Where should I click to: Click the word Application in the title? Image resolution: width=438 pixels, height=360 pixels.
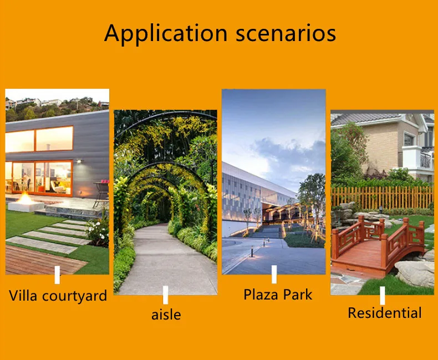click(x=166, y=34)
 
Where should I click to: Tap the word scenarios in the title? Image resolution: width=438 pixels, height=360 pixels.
click(x=286, y=34)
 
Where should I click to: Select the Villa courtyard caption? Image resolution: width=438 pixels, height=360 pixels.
click(x=58, y=296)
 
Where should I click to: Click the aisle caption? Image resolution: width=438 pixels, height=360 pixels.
click(x=166, y=315)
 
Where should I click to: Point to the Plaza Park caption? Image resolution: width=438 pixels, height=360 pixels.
click(x=278, y=295)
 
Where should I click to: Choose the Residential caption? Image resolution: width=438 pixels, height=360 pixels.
click(x=385, y=313)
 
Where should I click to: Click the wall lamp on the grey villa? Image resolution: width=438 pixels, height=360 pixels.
click(x=79, y=161)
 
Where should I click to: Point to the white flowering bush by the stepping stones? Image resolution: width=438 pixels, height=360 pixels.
click(x=98, y=232)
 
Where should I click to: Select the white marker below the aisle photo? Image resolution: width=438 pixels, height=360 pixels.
click(x=165, y=295)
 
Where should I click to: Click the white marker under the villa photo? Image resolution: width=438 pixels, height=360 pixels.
click(x=57, y=275)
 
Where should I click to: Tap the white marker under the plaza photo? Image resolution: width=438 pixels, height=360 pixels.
click(x=274, y=274)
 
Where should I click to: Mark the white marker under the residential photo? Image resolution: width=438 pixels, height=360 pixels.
click(x=383, y=296)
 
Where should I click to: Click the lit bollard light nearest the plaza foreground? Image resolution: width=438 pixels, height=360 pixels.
click(x=252, y=252)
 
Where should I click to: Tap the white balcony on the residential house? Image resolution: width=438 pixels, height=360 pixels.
click(x=418, y=159)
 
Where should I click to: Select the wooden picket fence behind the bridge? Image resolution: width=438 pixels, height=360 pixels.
click(x=383, y=197)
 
